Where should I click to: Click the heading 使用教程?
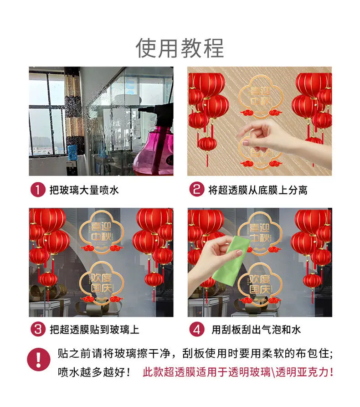(x=180, y=48)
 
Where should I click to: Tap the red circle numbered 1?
(x=38, y=190)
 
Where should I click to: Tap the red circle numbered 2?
(x=196, y=189)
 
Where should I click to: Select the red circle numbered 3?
(x=38, y=329)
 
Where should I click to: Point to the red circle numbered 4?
(x=197, y=329)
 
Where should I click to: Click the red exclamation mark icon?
(x=39, y=360)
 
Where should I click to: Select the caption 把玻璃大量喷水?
(x=84, y=190)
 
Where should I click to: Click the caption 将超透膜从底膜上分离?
(x=258, y=190)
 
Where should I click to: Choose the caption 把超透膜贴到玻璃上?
(x=94, y=330)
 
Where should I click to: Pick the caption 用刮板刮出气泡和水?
(x=256, y=330)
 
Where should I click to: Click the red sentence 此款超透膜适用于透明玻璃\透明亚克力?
(x=237, y=372)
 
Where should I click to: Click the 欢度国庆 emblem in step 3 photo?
(x=102, y=283)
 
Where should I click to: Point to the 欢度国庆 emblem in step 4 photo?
(x=260, y=283)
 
